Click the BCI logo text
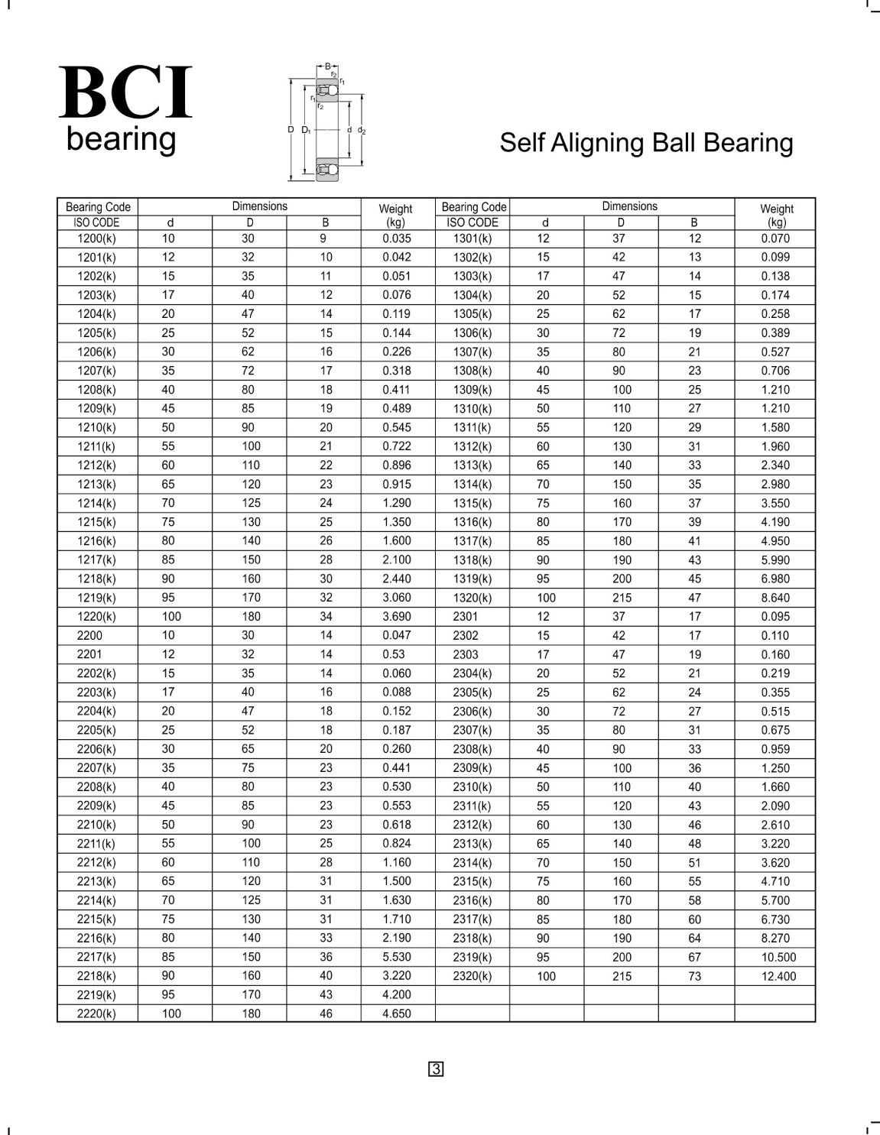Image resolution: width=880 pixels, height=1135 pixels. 125,93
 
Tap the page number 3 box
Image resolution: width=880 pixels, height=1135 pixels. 436,1069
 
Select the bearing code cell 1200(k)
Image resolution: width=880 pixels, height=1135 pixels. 96,238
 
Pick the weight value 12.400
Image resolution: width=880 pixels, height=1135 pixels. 778,976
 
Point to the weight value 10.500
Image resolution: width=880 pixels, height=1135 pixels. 778,957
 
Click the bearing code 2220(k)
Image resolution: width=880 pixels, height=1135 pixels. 96,1014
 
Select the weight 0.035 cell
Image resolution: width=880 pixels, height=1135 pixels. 396,238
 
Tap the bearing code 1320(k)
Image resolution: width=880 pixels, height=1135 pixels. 472,598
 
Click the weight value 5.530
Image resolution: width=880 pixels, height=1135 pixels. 396,957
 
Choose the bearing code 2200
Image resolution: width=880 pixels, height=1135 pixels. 89,635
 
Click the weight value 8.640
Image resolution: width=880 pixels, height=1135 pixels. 775,598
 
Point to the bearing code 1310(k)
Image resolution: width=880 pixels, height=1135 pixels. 472,409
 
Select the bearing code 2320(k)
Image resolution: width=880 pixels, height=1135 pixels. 472,976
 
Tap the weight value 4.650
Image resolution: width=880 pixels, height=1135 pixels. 396,1014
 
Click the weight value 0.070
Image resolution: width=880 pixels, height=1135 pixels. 775,238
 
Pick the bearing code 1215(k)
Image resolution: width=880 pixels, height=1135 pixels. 96,522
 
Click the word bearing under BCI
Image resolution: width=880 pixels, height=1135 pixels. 121,140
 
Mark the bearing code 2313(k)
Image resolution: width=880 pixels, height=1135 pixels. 472,844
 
